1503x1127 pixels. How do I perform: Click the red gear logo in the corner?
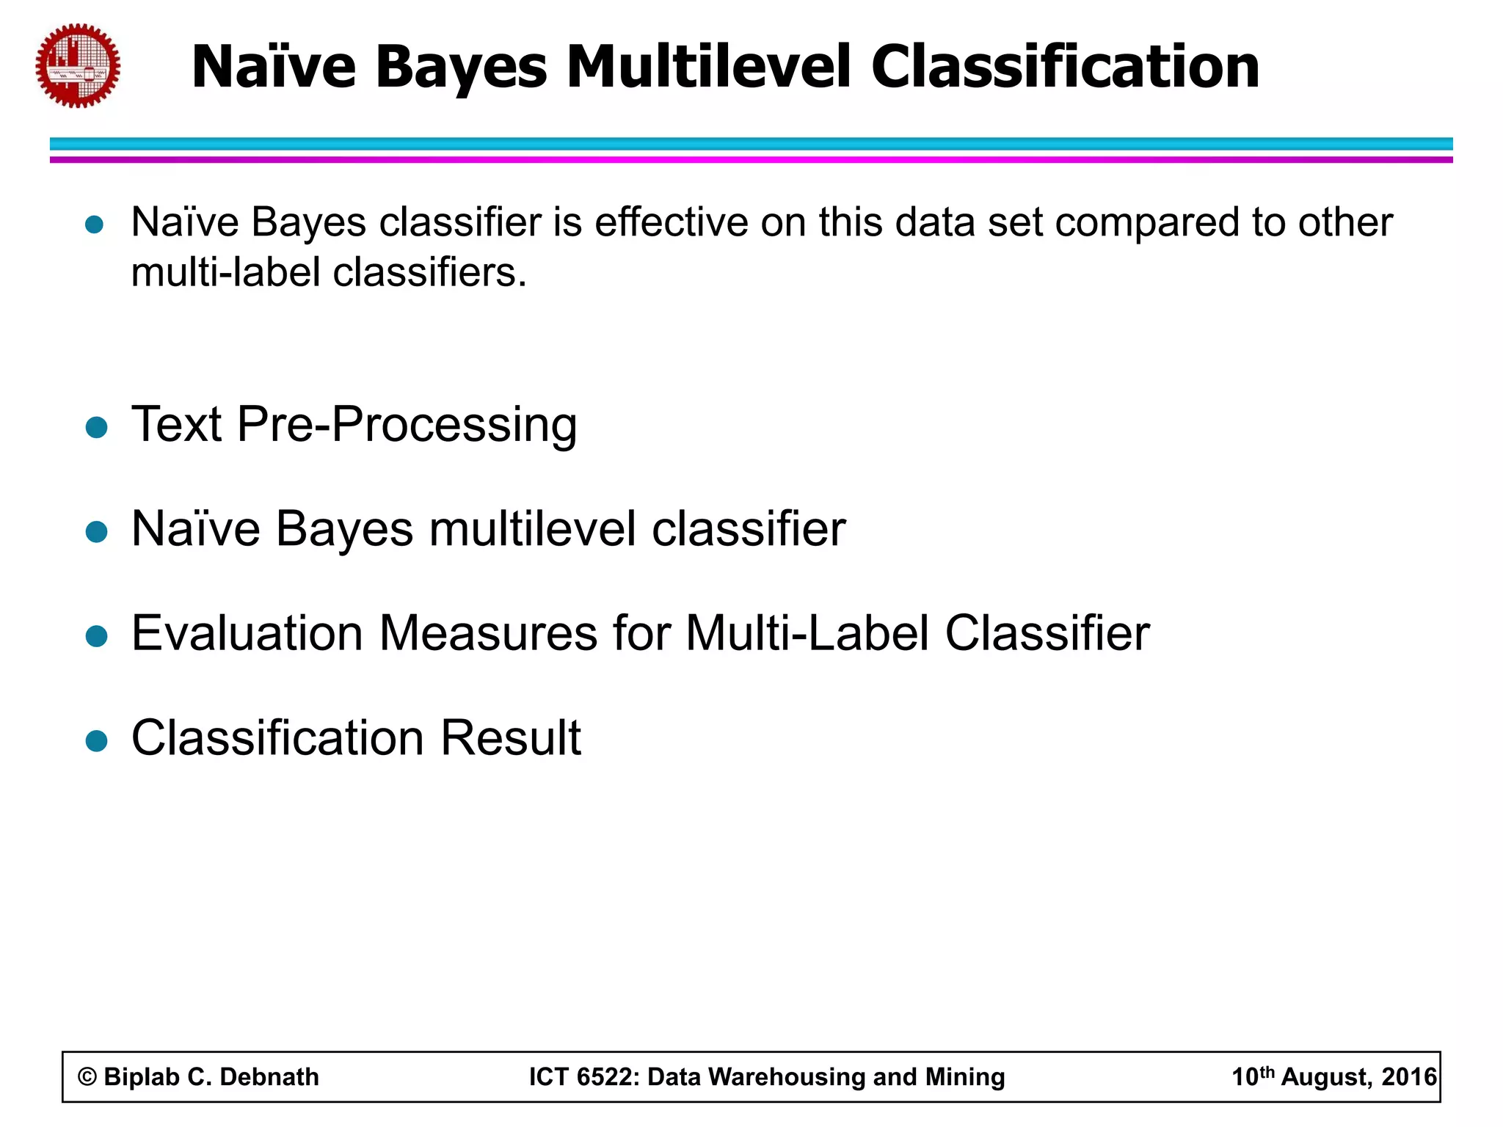78,66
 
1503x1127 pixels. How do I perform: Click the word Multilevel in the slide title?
709,67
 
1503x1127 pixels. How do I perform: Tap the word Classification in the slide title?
1065,67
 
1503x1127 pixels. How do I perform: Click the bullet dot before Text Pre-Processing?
96,426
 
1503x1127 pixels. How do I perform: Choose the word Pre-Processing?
407,425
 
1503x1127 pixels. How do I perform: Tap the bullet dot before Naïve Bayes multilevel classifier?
96,531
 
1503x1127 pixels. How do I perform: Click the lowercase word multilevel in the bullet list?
533,529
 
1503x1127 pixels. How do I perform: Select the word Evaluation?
247,633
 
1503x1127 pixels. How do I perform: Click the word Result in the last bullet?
510,738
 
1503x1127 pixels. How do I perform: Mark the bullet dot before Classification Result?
96,740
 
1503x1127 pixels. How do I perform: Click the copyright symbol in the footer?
87,1077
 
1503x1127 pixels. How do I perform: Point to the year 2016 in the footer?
1408,1077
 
